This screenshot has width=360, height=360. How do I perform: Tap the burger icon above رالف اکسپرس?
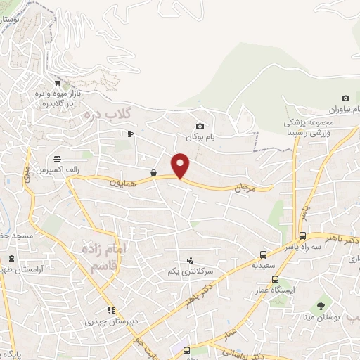click(56, 157)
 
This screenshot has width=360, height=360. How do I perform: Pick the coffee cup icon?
click(130, 133)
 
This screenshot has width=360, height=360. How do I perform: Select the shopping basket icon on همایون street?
click(153, 172)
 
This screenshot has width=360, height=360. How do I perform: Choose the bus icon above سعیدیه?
click(263, 255)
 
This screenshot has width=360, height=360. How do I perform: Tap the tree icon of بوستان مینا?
click(321, 305)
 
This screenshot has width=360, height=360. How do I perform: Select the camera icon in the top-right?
click(345, 98)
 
